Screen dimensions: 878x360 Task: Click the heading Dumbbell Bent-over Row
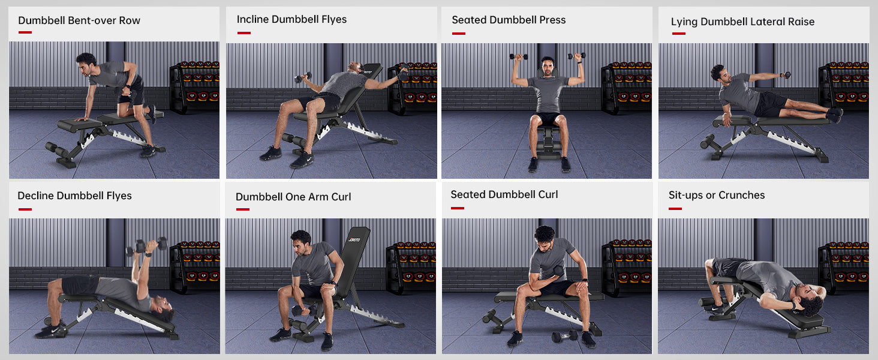[x=79, y=20]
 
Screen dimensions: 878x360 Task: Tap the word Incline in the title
[x=252, y=19]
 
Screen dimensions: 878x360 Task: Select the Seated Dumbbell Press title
[x=509, y=20]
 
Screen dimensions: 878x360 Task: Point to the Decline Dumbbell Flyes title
[x=74, y=196]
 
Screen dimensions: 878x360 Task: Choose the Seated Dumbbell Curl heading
[x=504, y=194]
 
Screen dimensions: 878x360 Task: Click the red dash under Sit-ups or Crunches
[x=675, y=209]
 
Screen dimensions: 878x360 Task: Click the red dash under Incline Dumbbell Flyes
[x=244, y=33]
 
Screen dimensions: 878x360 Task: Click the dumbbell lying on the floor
[x=564, y=336]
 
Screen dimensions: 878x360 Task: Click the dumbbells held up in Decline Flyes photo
[x=147, y=245]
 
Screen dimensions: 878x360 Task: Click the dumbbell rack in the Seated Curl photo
[x=626, y=266]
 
